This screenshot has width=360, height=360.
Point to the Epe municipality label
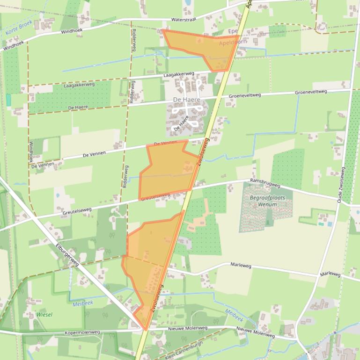click(233, 31)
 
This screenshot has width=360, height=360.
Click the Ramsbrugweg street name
click(265, 183)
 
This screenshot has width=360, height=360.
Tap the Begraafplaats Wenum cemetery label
click(267, 201)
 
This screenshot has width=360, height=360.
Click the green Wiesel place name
click(44, 315)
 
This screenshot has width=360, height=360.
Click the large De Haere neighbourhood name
click(186, 100)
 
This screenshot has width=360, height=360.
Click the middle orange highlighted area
click(169, 171)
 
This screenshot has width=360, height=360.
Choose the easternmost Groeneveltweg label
click(311, 92)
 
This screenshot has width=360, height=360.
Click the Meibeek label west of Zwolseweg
click(83, 303)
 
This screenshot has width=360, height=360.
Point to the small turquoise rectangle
click(8, 100)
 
